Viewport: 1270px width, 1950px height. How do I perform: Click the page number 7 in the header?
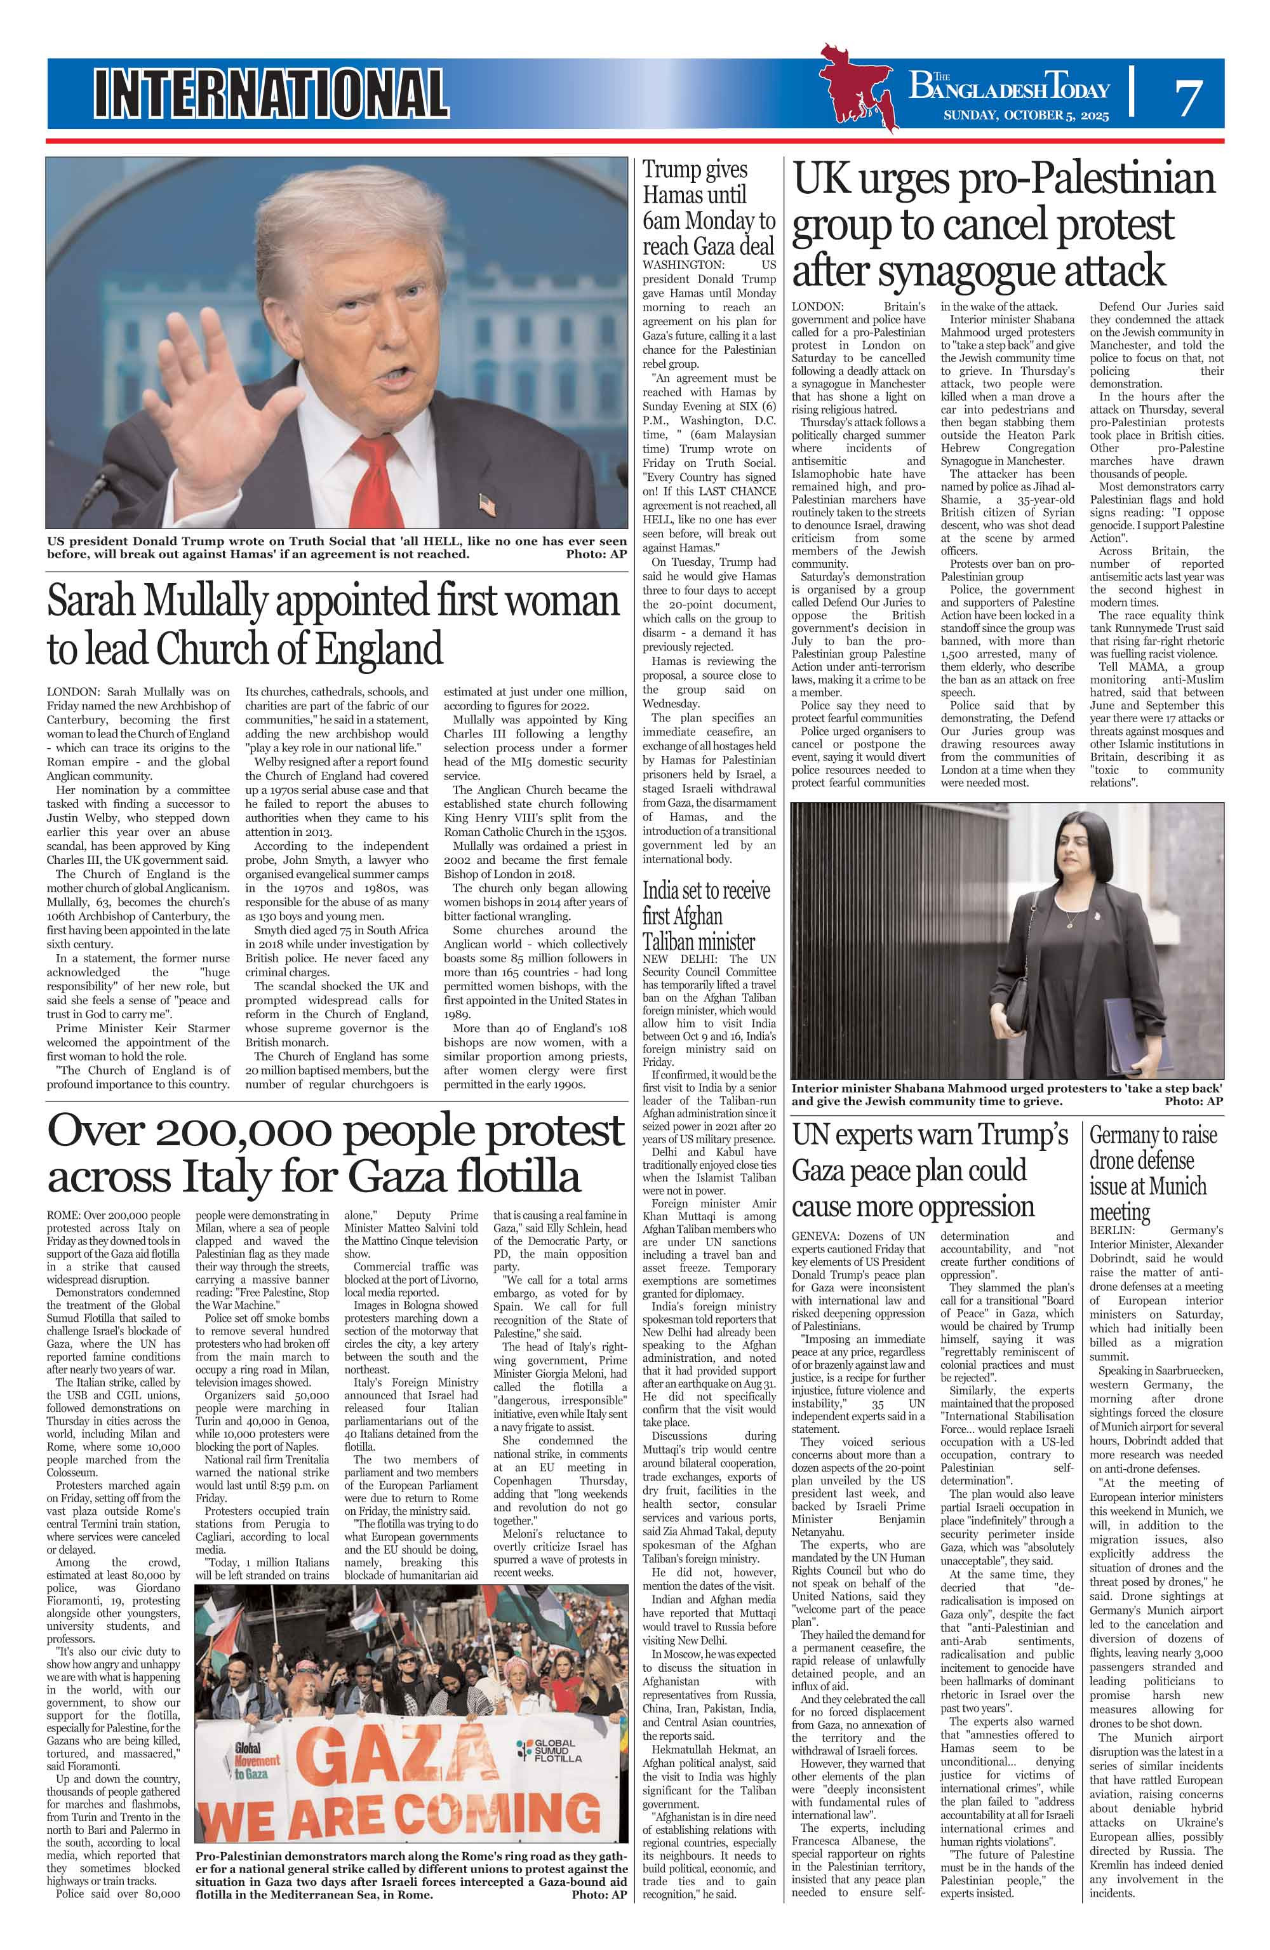tap(1187, 97)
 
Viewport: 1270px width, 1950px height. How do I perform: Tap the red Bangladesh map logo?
tap(860, 90)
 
